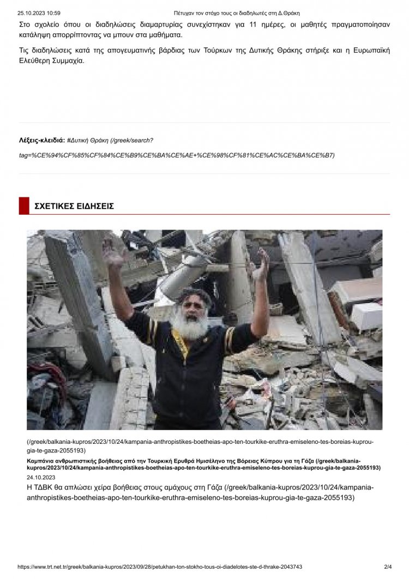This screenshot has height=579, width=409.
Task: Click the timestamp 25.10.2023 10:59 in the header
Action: coord(39,13)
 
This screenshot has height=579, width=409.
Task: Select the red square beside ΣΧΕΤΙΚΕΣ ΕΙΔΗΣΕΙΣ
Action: coord(23,206)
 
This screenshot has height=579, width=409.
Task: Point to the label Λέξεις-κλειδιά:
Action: coord(41,140)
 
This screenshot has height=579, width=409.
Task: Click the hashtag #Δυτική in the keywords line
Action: coord(80,140)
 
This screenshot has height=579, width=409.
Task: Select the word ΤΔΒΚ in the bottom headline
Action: coord(46,487)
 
